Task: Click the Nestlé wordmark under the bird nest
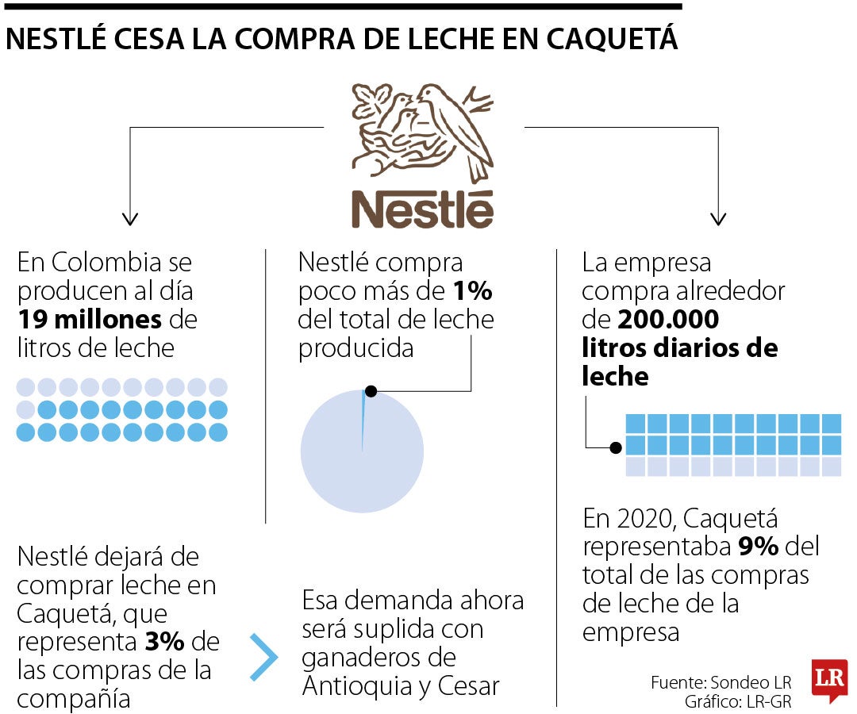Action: [422, 208]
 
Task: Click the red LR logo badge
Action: [829, 679]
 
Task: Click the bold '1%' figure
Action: [472, 291]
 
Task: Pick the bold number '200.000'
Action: [668, 320]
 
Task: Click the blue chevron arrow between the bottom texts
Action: [264, 657]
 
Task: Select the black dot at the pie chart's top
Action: [371, 391]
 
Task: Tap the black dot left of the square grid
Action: [615, 447]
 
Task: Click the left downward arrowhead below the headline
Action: [130, 218]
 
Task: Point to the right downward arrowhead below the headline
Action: [718, 218]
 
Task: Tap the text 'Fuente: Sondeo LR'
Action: [721, 682]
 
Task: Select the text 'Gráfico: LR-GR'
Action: [738, 702]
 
